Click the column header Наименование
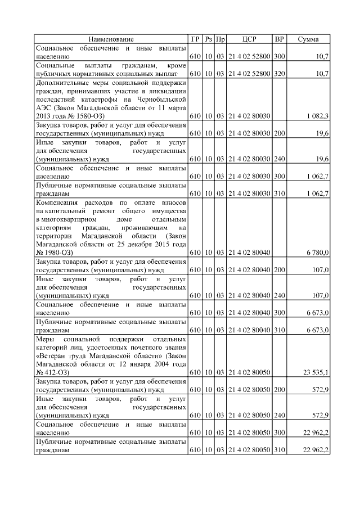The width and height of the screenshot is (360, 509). pos(111,39)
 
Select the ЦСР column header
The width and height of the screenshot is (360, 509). pos(249,39)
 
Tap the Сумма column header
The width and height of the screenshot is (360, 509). pos(308,39)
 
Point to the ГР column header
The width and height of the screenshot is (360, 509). pos(195,39)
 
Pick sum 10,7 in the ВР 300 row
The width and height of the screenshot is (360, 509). pos(322,56)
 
